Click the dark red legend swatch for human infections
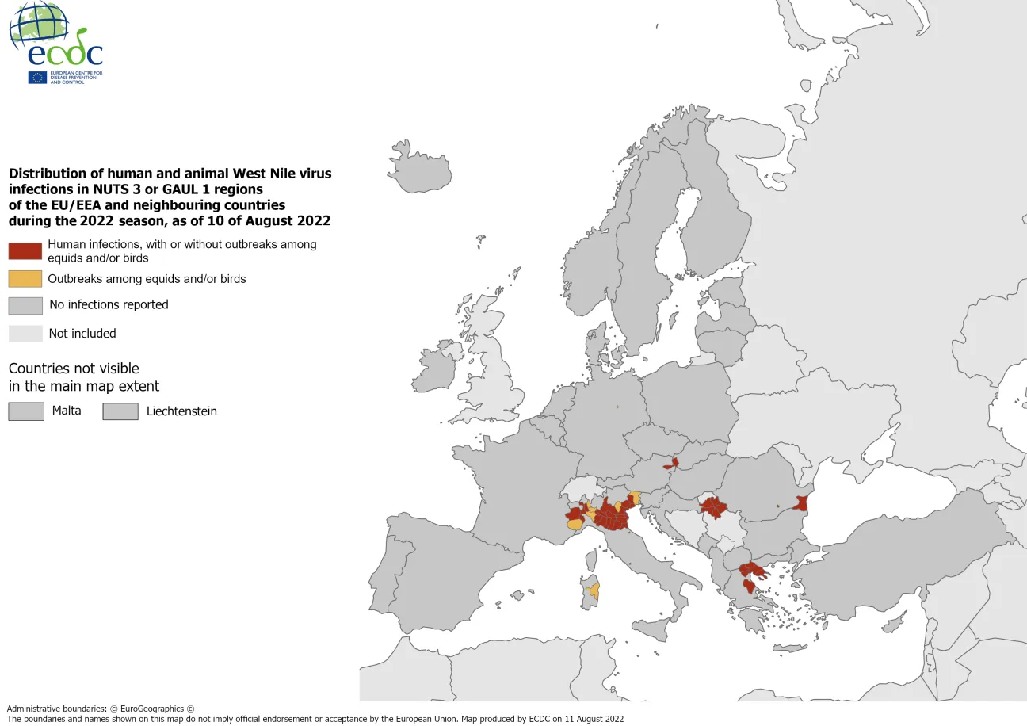coord(25,251)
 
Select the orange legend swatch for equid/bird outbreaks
coord(25,279)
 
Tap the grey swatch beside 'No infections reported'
coord(25,305)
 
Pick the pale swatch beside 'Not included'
coord(25,334)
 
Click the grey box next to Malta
coord(25,411)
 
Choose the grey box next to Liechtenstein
coord(120,411)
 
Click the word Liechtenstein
coord(181,411)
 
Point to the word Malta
coord(67,411)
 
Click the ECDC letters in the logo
coord(65,53)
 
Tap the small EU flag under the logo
coord(37,77)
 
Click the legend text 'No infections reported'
coord(109,304)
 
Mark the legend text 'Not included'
coord(82,334)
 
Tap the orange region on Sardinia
coord(594,590)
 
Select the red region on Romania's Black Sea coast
coord(801,503)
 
